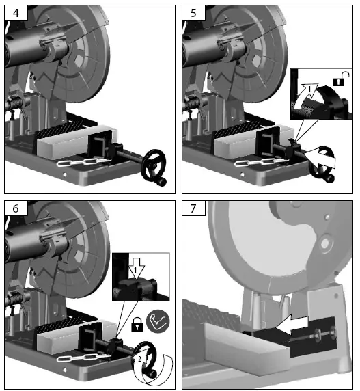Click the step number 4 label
(x=16, y=13)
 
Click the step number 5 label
(x=193, y=13)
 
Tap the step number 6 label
(x=16, y=208)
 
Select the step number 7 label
(x=193, y=208)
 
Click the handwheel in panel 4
(x=153, y=165)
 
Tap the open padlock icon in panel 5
(x=341, y=79)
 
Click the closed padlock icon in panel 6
(x=137, y=325)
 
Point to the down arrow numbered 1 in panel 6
(x=135, y=269)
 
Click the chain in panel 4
(x=85, y=162)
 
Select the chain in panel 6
(x=85, y=358)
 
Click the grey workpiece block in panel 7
(x=247, y=349)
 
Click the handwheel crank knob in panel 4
(x=162, y=180)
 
